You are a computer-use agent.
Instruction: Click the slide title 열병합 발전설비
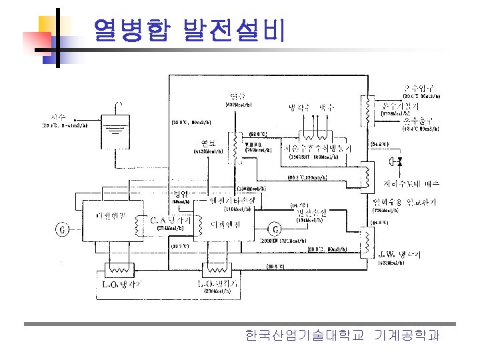[x=189, y=30]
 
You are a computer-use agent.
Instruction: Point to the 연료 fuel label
[x=207, y=143]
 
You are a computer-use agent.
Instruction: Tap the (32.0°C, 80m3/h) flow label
[x=192, y=122]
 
